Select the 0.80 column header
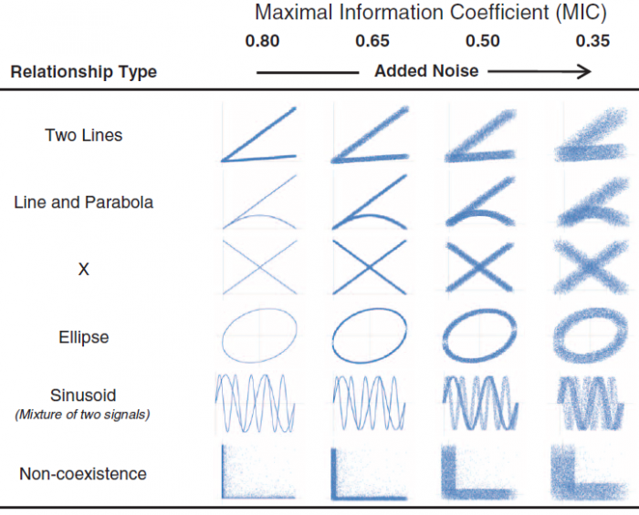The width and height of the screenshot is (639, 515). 263,41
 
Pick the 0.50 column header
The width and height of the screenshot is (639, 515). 482,41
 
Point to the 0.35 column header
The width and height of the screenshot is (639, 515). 593,41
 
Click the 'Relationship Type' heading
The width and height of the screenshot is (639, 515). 84,72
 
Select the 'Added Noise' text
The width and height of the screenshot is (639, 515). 425,71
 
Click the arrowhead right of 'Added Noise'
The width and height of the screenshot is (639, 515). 583,72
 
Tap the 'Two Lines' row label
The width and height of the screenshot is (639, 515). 83,136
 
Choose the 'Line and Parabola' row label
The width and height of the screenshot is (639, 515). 83,202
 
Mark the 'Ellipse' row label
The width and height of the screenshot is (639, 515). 83,337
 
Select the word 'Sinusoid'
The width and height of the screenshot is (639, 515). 83,397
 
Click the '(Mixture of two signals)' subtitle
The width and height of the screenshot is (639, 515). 83,415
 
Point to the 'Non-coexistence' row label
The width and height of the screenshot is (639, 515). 83,474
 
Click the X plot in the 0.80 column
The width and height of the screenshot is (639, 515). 260,267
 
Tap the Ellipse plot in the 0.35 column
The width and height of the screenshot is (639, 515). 591,335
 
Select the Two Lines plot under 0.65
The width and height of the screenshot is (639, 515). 371,134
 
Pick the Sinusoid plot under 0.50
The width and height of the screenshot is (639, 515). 480,401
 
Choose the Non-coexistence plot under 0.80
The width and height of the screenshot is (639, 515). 260,471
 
